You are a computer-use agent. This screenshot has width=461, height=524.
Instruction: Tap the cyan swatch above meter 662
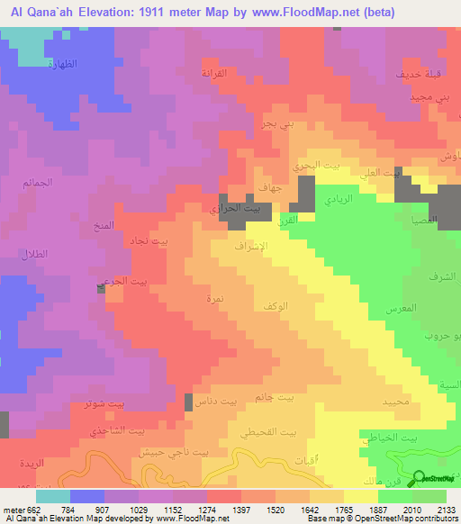[53, 495]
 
